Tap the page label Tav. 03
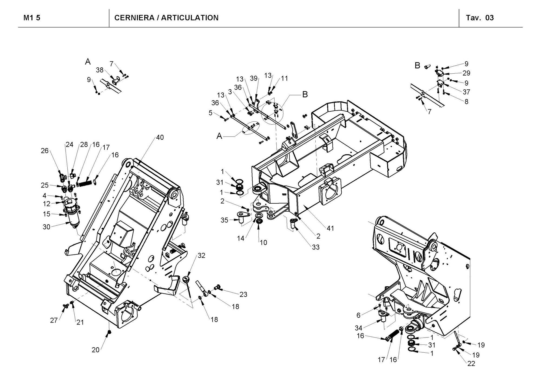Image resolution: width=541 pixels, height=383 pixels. click(480, 18)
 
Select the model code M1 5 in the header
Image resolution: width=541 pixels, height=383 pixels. click(32, 18)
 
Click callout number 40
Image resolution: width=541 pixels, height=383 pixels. click(160, 138)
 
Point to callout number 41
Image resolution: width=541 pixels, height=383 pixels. click(330, 228)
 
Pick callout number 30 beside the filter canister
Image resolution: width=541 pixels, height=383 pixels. click(47, 227)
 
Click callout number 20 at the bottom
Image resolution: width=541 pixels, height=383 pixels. click(95, 350)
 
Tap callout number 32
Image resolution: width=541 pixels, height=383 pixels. click(201, 255)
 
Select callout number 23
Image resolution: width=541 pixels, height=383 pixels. click(243, 294)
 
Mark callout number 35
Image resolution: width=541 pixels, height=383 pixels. click(224, 220)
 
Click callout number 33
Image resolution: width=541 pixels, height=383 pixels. click(316, 247)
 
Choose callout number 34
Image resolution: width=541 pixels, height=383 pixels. click(358, 328)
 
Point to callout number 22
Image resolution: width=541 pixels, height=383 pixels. click(471, 364)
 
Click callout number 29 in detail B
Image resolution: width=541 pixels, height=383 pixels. click(466, 73)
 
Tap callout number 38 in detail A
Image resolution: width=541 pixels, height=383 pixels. click(100, 70)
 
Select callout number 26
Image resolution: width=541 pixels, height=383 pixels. click(45, 151)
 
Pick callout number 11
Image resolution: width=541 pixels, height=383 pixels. click(284, 79)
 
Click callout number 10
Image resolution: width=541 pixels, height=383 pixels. click(263, 243)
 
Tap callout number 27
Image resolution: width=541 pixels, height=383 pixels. click(54, 320)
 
